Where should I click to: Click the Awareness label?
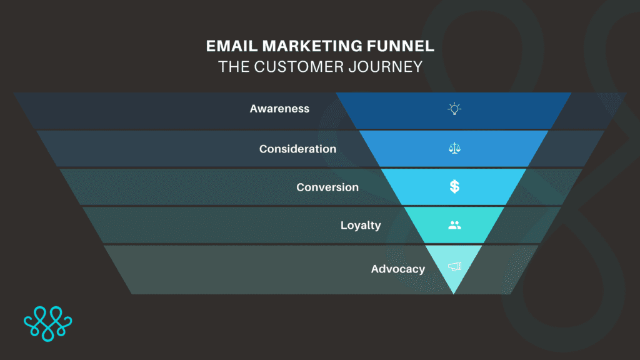point(279,109)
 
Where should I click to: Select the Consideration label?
point(297,149)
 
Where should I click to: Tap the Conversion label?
point(327,187)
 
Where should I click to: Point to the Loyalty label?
point(361,225)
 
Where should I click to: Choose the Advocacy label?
point(397,269)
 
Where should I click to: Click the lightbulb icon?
point(454,109)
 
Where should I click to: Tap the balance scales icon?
point(454,149)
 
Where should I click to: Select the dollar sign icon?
point(454,186)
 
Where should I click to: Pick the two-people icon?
point(454,225)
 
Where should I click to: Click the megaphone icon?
point(454,267)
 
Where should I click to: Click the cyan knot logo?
point(48,324)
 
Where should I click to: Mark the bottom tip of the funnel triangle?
point(454,293)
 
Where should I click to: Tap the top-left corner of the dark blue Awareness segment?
point(336,93)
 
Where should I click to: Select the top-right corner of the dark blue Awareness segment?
point(571,93)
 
